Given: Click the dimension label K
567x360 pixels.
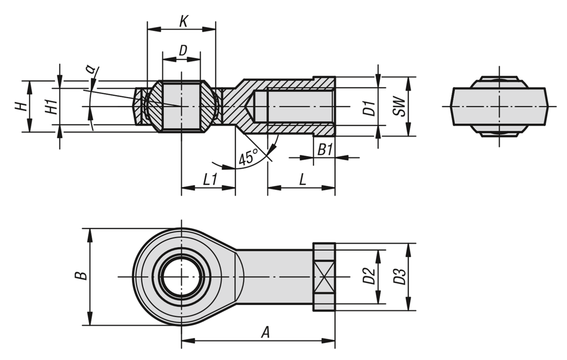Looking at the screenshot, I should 184,21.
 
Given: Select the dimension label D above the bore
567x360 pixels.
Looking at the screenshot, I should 182,51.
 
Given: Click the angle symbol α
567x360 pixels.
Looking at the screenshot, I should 90,70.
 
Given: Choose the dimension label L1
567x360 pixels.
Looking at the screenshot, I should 209,179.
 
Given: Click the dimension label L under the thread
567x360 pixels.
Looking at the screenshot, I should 302,179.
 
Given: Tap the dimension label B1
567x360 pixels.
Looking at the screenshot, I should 325,150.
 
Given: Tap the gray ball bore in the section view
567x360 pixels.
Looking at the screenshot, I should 181,106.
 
